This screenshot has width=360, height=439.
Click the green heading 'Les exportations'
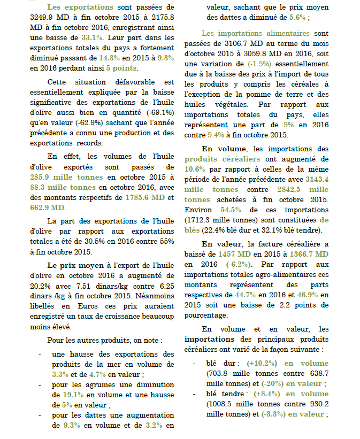pos(80,7)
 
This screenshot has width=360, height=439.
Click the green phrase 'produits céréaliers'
pos(223,159)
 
